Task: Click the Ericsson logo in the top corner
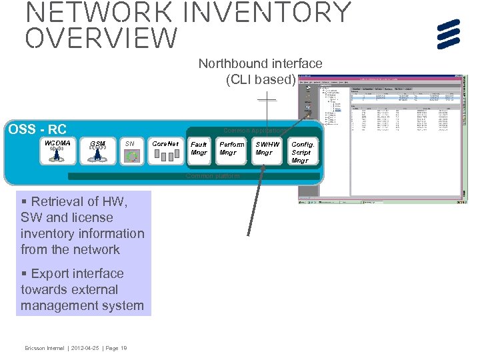pyautogui.click(x=449, y=34)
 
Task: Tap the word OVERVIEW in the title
pyautogui.click(x=101, y=39)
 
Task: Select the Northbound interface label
pyautogui.click(x=260, y=64)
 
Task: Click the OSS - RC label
pyautogui.click(x=37, y=129)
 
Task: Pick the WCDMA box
pyautogui.click(x=57, y=151)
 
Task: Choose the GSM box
pyautogui.click(x=97, y=151)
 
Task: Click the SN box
pyautogui.click(x=131, y=151)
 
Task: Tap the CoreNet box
pyautogui.click(x=165, y=151)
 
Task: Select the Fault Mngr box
pyautogui.click(x=199, y=151)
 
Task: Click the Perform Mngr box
pyautogui.click(x=232, y=151)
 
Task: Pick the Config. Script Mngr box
pyautogui.click(x=302, y=151)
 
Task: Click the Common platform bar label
pyautogui.click(x=209, y=176)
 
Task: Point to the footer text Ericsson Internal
pyautogui.click(x=45, y=347)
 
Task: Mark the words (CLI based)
pyautogui.click(x=261, y=80)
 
